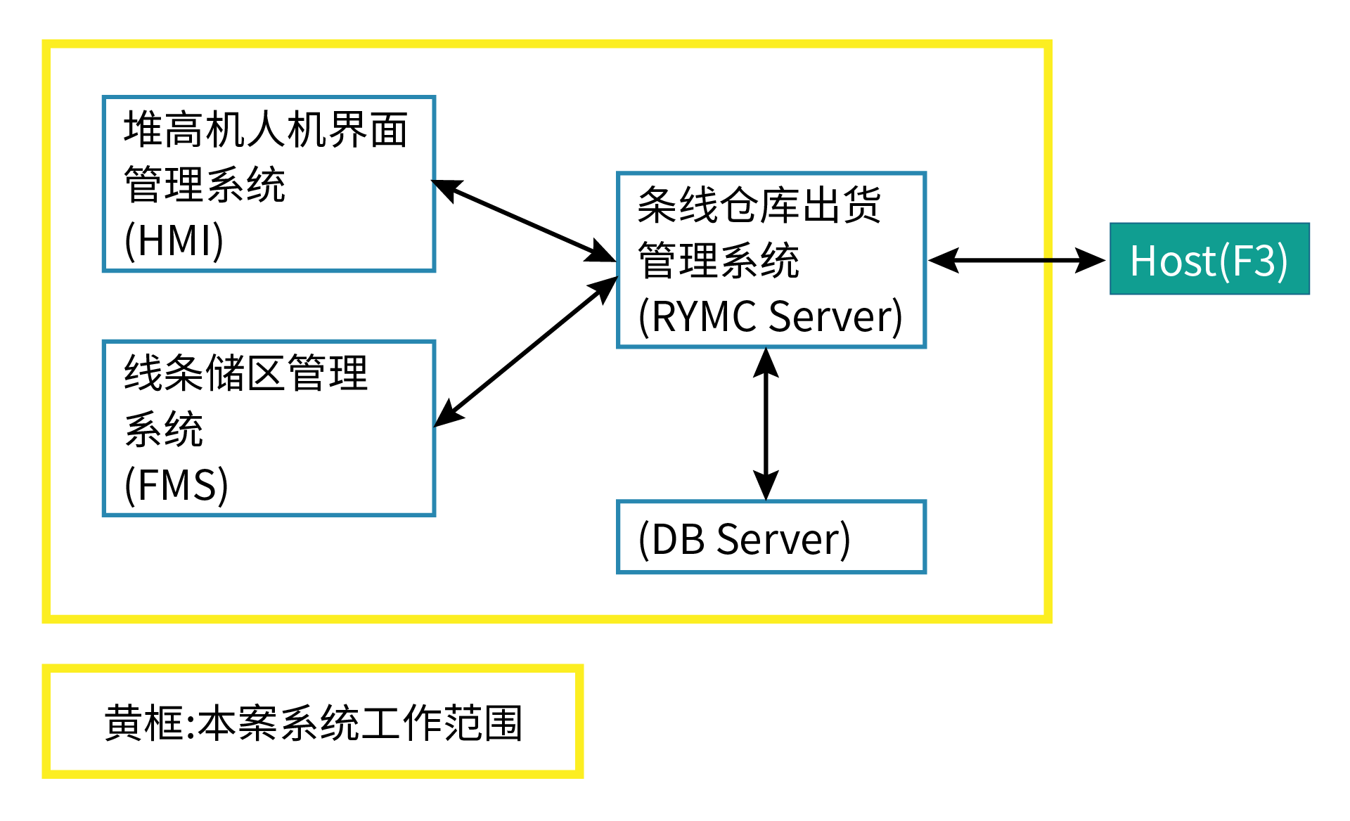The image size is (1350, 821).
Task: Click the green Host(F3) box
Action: pos(1209,259)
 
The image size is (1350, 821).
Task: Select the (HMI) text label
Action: pos(174,240)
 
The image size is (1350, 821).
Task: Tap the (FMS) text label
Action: pos(176,485)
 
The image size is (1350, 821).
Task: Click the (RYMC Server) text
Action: pos(770,316)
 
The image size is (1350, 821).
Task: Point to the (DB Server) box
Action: pos(771,537)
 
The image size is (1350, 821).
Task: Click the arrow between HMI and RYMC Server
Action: pos(524,221)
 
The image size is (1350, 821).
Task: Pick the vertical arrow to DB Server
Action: pos(766,424)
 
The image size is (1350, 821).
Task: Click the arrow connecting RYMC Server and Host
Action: pos(1017,260)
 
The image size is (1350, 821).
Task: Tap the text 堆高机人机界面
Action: pos(266,130)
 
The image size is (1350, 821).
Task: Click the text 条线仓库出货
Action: pos(759,205)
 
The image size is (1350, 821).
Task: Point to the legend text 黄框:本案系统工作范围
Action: pos(314,723)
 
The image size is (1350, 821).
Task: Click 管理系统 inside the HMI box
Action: pos(205,185)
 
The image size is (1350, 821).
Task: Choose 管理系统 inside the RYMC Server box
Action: pos(719,261)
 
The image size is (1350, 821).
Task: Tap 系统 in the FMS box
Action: pos(164,429)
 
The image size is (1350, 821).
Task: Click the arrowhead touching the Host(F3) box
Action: pos(1091,260)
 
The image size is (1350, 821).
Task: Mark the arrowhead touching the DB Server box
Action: pos(766,486)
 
